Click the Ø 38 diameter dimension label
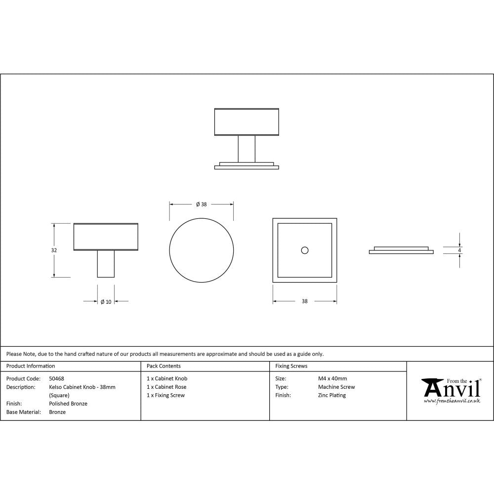(201, 204)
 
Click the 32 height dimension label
(54, 250)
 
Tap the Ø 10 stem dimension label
(106, 302)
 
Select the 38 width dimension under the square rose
(304, 301)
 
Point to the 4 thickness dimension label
(459, 250)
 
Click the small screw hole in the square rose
(304, 250)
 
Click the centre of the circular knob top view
(201, 250)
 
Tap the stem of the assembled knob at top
(246, 148)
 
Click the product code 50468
(57, 379)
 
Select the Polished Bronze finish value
(68, 404)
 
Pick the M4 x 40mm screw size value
(332, 379)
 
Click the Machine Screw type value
(336, 387)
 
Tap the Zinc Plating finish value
(332, 396)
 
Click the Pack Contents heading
(164, 366)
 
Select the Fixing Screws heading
(291, 366)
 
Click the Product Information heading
(31, 366)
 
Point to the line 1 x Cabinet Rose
(166, 387)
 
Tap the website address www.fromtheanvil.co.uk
(452, 401)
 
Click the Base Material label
(23, 412)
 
